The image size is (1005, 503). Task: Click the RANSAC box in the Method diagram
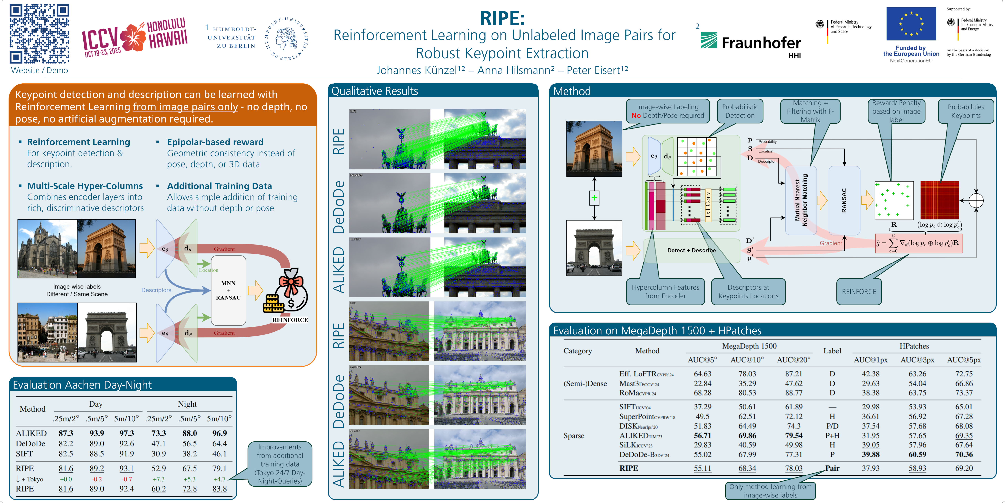pos(844,200)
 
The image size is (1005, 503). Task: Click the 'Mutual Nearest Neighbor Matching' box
pos(801,200)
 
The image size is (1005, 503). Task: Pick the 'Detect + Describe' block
pos(691,250)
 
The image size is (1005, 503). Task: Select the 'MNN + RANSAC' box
pos(228,290)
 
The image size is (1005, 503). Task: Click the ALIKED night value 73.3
pos(158,433)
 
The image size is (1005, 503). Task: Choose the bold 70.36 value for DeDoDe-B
pos(964,454)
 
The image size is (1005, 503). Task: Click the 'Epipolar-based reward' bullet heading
pos(215,142)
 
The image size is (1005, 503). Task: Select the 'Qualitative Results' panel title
pos(375,91)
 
